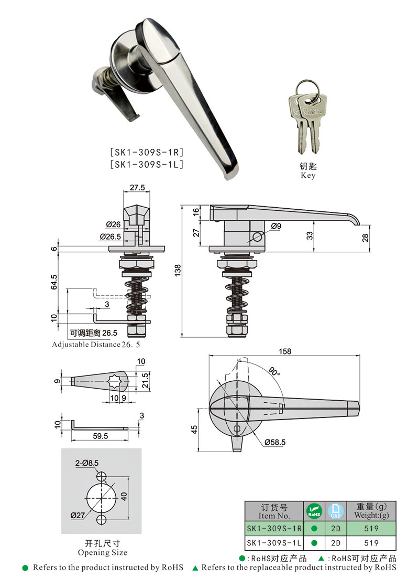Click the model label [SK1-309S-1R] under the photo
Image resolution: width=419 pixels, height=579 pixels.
146,153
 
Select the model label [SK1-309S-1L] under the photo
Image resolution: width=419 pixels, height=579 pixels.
146,164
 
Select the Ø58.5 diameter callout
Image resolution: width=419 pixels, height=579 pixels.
275,443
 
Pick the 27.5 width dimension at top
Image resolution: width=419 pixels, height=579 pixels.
137,188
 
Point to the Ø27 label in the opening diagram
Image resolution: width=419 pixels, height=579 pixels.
78,516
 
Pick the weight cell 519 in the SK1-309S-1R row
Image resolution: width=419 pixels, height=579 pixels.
372,528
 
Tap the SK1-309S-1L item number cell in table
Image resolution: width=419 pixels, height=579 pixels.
273,543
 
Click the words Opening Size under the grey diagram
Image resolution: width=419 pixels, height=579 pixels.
102,552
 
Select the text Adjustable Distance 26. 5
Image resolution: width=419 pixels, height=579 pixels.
96,345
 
